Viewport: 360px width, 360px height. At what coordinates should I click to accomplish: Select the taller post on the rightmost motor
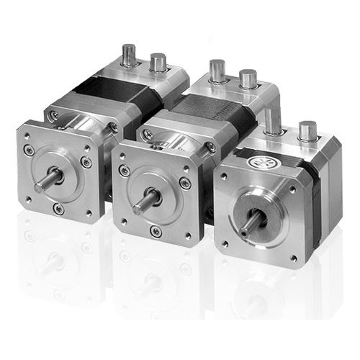(272, 122)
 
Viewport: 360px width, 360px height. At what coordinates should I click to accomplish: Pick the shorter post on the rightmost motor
(307, 131)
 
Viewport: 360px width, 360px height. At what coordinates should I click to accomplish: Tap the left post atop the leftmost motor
(129, 55)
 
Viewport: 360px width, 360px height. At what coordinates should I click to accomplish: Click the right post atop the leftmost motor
(158, 62)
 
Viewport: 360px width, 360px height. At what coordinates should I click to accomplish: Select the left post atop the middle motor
(217, 71)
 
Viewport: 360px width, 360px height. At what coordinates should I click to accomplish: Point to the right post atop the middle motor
(248, 78)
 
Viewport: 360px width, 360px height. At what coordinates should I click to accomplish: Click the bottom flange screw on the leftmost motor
(58, 209)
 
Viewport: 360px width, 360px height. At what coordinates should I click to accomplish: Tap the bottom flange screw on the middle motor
(156, 232)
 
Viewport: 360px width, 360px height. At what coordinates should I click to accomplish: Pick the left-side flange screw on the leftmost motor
(28, 150)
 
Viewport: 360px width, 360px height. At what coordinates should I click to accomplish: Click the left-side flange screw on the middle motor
(125, 171)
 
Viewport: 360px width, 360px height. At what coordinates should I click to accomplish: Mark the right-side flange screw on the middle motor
(185, 184)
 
